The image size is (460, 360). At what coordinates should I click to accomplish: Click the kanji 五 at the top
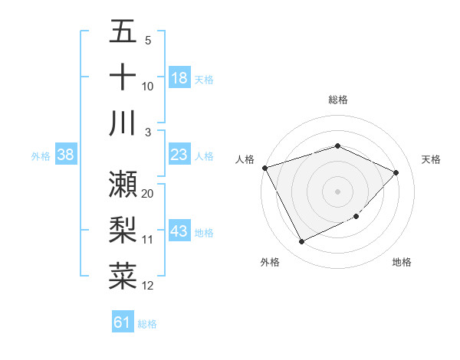(123, 32)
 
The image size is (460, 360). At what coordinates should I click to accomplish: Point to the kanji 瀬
(123, 184)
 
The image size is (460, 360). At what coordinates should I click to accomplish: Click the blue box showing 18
(179, 78)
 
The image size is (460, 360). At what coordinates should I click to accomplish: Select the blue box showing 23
(179, 155)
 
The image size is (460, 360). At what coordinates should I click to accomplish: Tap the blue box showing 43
(179, 232)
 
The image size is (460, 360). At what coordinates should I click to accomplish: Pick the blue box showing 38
(65, 155)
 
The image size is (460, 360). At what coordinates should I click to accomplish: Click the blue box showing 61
(123, 323)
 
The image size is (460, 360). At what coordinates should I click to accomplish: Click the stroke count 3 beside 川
(148, 133)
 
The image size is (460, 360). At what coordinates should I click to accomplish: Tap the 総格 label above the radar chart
(337, 100)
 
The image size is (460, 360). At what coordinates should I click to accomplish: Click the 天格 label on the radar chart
(431, 159)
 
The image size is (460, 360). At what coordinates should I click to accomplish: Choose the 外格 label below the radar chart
(270, 263)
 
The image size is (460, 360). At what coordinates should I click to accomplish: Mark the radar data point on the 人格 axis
(264, 167)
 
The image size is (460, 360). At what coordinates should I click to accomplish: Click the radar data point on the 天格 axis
(396, 172)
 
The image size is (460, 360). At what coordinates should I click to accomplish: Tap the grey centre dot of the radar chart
(337, 191)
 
